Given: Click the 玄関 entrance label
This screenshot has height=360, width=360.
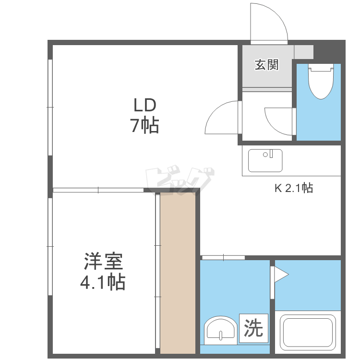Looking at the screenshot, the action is (266, 65).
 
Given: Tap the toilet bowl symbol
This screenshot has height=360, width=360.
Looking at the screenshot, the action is (321, 82).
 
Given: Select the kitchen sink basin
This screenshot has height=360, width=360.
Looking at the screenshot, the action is (265, 160).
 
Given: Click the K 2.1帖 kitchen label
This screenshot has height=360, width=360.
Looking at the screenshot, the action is (294, 188).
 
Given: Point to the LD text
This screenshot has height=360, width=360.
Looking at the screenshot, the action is (145, 105).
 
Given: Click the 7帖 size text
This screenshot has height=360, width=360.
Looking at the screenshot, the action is (144, 125).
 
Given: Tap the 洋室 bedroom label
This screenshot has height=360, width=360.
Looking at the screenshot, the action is (103, 261).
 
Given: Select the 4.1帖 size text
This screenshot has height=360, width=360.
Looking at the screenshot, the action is (103, 282).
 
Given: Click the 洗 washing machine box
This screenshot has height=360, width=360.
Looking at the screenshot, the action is (253, 328).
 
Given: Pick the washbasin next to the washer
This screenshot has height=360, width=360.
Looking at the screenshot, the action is (221, 330).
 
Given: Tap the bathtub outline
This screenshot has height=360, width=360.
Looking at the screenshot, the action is (308, 331).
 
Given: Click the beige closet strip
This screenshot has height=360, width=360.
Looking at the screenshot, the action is (178, 273).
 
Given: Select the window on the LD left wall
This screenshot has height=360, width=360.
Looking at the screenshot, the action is (50, 107).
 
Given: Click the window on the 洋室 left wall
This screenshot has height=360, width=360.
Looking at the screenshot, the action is (50, 246).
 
